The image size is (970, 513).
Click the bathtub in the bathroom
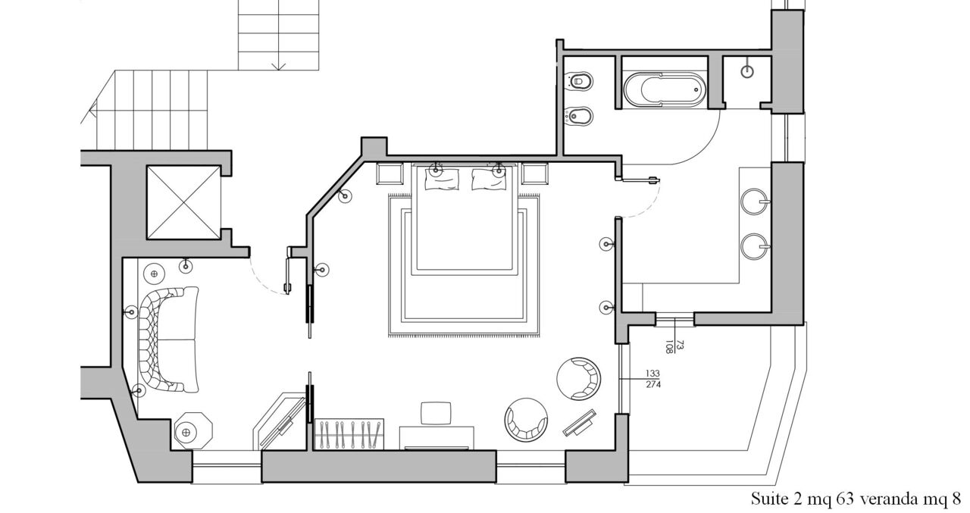(x=665, y=89)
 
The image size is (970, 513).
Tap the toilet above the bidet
(x=579, y=81)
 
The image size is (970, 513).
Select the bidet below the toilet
(x=578, y=116)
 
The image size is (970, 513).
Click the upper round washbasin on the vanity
(x=756, y=202)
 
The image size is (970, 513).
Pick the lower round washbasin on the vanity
(x=756, y=246)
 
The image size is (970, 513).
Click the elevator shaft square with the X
(x=183, y=202)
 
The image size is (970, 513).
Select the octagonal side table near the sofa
(x=193, y=432)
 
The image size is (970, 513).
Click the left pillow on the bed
(x=442, y=179)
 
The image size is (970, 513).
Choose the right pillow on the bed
(x=489, y=179)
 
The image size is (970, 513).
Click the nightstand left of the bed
(x=390, y=174)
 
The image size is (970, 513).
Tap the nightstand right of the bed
(x=535, y=174)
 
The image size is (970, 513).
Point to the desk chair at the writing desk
(x=436, y=413)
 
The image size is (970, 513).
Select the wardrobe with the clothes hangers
(x=349, y=434)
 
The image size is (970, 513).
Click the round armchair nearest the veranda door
(x=579, y=379)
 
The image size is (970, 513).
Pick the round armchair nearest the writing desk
(x=526, y=420)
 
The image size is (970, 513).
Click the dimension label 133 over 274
(x=653, y=379)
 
